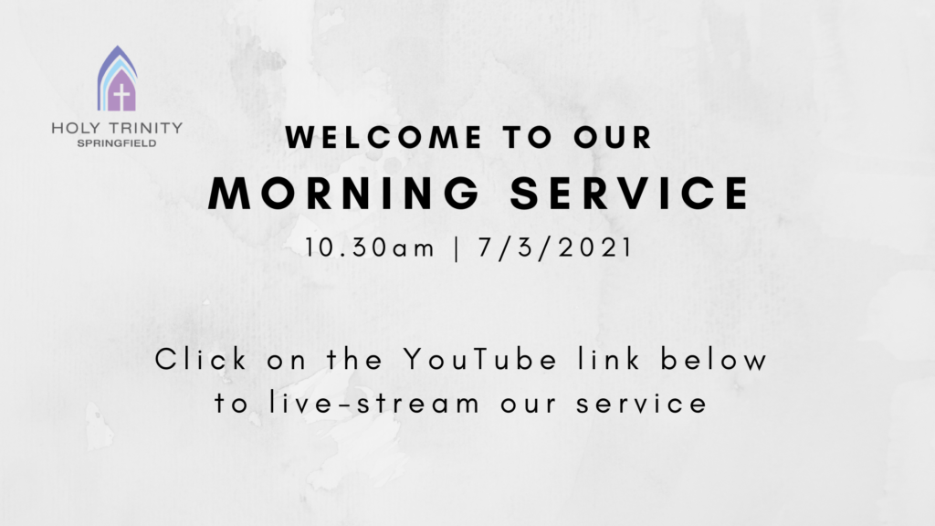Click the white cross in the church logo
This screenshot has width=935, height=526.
click(x=121, y=97)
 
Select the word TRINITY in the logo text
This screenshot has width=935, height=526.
click(x=145, y=128)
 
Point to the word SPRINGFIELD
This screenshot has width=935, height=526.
click(x=117, y=143)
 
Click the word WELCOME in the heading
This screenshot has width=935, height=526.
click(x=384, y=137)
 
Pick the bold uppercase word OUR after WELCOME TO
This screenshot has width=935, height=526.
click(x=613, y=137)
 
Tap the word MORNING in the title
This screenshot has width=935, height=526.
click(x=344, y=193)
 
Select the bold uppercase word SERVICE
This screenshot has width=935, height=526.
click(x=630, y=193)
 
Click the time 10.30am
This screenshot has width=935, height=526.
click(x=371, y=247)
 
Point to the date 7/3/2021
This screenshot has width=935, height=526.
click(x=555, y=247)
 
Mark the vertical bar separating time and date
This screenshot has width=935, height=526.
click(x=457, y=248)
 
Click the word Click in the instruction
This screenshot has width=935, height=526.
click(x=201, y=360)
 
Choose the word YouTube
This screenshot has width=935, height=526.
click(x=480, y=360)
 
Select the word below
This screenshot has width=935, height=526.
click(x=714, y=360)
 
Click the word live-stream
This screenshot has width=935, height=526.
click(x=373, y=403)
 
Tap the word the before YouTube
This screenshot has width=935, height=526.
click(x=355, y=360)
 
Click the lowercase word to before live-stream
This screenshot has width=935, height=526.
click(x=231, y=404)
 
